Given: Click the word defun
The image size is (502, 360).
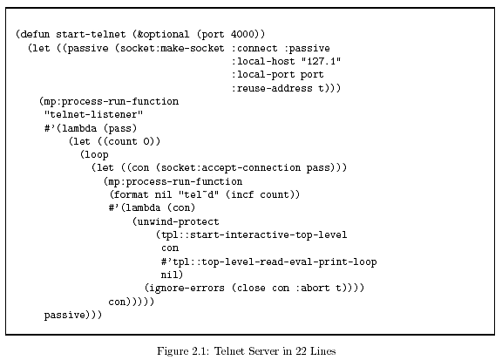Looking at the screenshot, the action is coord(35,34).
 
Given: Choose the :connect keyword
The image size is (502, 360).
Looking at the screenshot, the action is coord(254,48).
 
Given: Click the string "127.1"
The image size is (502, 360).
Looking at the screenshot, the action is coord(321,61).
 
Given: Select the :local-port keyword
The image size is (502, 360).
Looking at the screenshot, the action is coord(263,75).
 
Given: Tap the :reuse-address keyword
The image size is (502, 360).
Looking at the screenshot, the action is coord(272,88).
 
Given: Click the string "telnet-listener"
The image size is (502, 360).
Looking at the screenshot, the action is coord(93,114).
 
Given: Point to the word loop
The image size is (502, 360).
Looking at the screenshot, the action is coord(97,154).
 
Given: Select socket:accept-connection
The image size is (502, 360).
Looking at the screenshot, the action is coord(230,168).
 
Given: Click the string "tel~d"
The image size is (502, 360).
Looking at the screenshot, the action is coord(199,194).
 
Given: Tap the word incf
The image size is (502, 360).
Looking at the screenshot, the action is coord(242,194).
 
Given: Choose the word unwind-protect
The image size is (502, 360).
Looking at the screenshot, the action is coord(178,221).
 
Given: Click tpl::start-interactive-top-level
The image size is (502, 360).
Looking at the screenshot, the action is coord(254,234).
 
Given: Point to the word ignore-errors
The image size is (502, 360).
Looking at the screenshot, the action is coord(187,288).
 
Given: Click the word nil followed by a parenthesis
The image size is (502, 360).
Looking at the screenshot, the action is coord(169,275).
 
